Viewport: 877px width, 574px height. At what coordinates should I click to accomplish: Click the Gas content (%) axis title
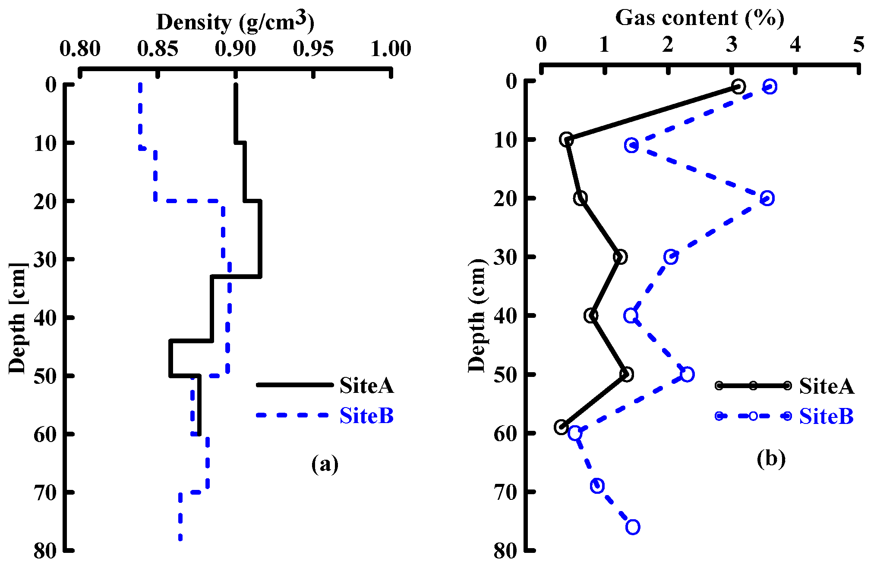coord(699,18)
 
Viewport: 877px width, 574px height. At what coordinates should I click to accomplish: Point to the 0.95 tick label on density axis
coord(313,49)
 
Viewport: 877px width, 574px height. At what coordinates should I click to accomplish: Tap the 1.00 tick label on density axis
coord(391,49)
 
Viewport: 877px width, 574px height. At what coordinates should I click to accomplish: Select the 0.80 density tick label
coord(80,49)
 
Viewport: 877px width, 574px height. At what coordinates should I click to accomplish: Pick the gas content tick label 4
coord(795,44)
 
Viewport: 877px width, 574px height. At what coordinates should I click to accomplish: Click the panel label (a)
coord(325,464)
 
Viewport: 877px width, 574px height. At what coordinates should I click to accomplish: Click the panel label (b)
coord(771,459)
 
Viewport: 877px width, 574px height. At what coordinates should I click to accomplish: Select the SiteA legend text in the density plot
coord(366,386)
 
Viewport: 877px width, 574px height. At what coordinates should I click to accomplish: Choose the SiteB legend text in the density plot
coord(366,416)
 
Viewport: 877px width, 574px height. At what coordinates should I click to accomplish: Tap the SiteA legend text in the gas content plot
coord(827,386)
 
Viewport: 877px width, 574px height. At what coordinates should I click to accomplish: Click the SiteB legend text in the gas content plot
coord(827,417)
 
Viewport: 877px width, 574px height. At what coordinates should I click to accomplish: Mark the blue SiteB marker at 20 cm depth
coord(767,198)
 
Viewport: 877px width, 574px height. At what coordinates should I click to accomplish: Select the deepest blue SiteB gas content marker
coord(633,527)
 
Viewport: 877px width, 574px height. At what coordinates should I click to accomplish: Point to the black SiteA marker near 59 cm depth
coord(561,427)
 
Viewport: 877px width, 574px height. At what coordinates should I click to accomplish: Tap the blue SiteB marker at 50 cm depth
coord(687,374)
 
